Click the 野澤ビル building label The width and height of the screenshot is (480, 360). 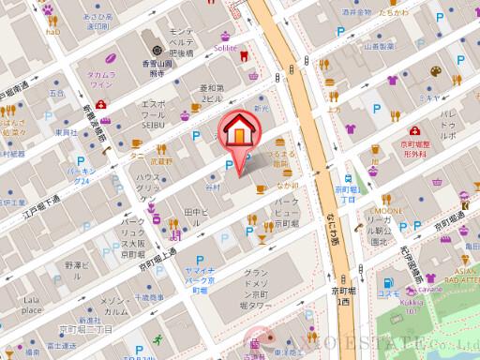click(x=77, y=270)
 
